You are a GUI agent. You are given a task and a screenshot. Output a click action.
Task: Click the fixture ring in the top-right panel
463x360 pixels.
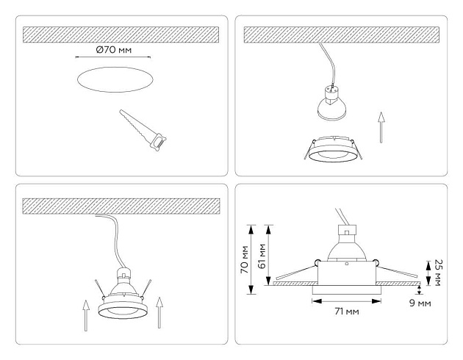pos(335,150)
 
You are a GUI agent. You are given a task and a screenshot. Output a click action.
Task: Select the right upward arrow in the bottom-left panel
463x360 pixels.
pos(159,314)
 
